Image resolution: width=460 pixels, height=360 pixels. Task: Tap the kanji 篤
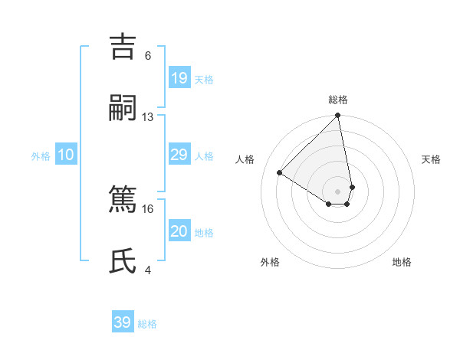tap(123, 198)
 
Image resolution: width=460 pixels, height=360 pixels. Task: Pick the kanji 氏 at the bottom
tap(123, 260)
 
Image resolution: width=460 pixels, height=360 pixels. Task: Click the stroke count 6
tap(148, 55)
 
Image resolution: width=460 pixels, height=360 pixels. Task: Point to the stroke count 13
tap(148, 116)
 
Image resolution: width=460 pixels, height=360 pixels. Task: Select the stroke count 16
tap(148, 208)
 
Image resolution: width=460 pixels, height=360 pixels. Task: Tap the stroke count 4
tap(148, 270)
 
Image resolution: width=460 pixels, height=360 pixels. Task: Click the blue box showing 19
tap(179, 78)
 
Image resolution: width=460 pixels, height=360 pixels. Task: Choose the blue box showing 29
tap(179, 155)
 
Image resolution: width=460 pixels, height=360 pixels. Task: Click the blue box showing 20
tap(179, 231)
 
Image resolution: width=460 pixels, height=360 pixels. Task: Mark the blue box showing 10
tap(66, 155)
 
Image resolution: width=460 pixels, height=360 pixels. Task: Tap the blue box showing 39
tap(123, 322)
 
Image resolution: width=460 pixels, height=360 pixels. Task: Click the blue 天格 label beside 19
tap(204, 80)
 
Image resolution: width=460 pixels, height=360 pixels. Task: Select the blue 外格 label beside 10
tap(41, 156)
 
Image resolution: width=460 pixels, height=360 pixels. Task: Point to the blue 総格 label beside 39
tap(147, 324)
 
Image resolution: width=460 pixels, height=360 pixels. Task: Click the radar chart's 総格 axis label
tap(338, 100)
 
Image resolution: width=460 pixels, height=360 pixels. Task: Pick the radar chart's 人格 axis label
tap(245, 159)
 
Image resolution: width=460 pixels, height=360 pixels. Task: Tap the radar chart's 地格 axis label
tap(402, 263)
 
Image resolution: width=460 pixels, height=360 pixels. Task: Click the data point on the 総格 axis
tap(338, 116)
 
